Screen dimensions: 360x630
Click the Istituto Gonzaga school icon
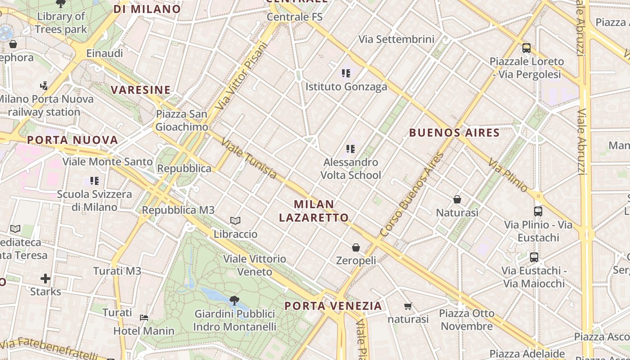pos(346,73)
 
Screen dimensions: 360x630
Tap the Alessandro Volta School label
pos(351,168)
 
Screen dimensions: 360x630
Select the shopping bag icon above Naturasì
pos(457,199)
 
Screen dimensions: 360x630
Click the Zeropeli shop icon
pos(356,247)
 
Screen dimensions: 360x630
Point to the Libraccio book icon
pos(235,220)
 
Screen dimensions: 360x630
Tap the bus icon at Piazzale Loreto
pos(526,48)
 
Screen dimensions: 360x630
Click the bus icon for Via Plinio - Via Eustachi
pos(538,211)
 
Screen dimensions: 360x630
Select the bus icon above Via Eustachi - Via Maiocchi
pos(534,257)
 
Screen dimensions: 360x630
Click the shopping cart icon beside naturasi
pos(408,306)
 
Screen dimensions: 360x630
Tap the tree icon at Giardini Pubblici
pos(234,300)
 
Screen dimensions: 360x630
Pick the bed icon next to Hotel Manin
pos(144,318)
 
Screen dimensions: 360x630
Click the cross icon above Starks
pos(45,278)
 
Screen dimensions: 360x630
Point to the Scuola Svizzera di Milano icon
pos(94,181)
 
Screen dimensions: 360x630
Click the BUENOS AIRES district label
pos(454,133)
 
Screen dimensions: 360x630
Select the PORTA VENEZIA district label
pos(333,306)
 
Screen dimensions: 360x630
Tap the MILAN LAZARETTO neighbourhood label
pos(314,211)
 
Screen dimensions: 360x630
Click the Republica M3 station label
pos(178,210)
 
